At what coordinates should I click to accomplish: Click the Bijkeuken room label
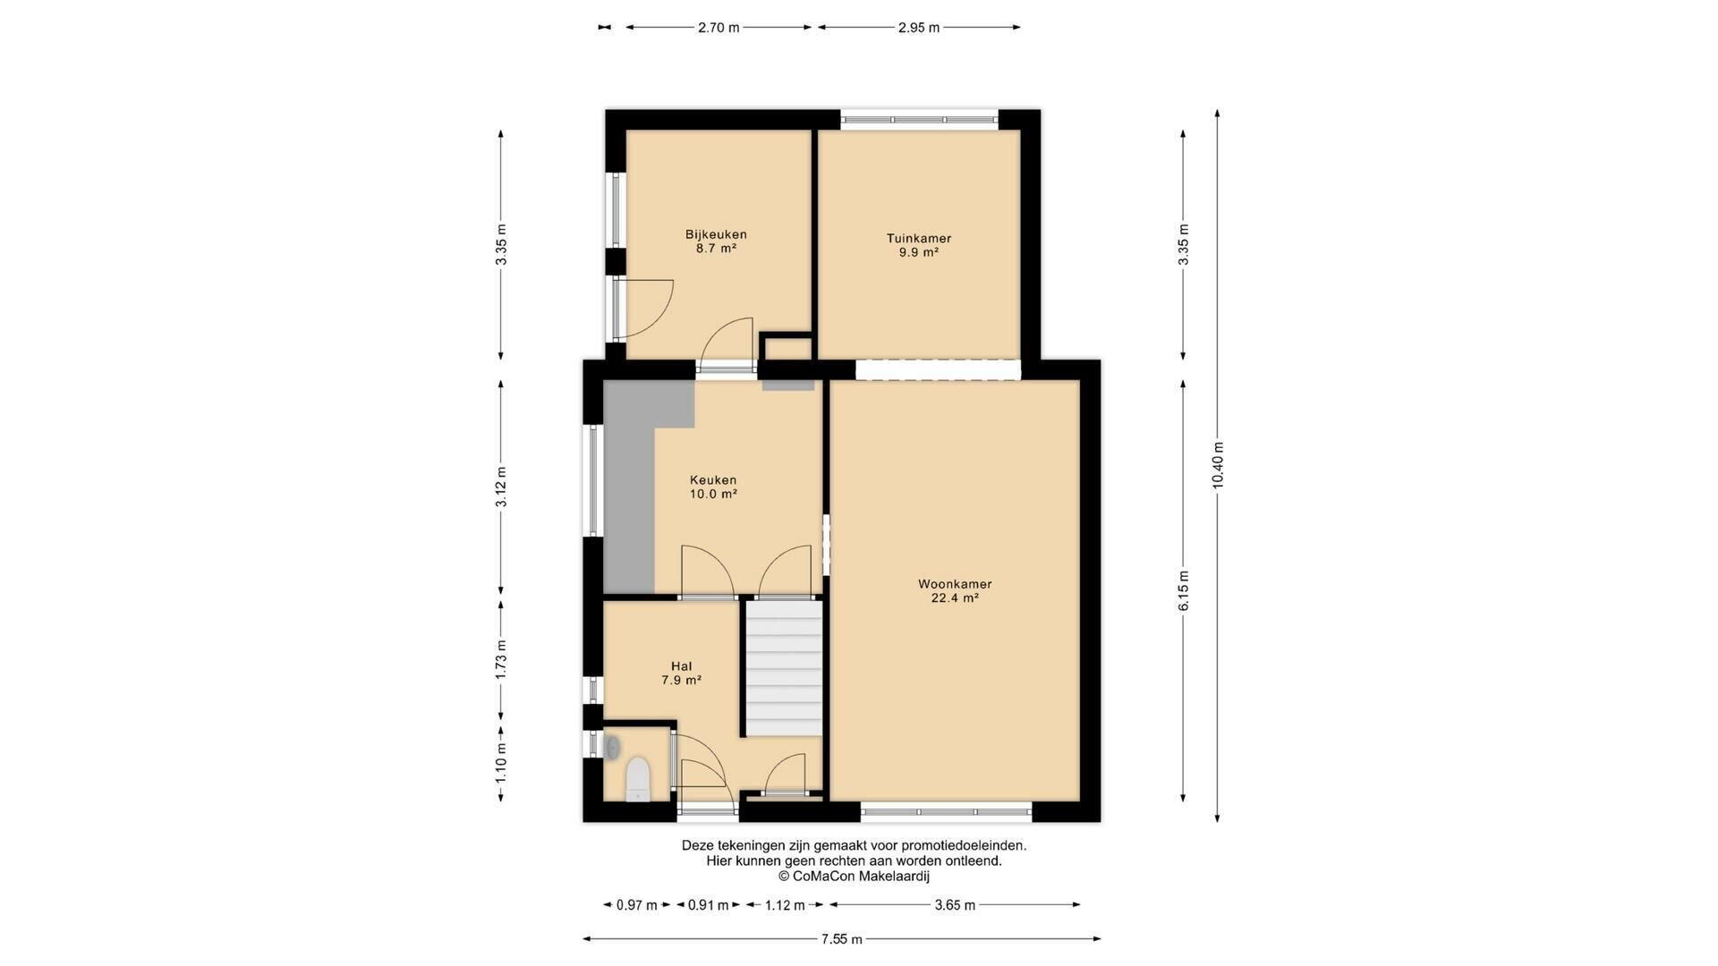coord(716,234)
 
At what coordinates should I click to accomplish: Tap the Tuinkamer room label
coord(919,239)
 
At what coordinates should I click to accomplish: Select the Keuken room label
coord(713,480)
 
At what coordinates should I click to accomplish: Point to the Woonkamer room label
coord(955,584)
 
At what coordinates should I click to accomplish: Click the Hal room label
coord(681,666)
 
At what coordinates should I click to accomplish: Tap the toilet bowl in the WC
coord(638,778)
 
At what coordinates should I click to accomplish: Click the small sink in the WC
coord(613,747)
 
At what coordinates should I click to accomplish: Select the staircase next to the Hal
coord(784,668)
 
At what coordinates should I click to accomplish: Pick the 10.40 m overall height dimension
coord(1218,465)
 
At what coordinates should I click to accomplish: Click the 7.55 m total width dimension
coord(842,939)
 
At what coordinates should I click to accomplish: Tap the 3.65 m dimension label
coord(955,905)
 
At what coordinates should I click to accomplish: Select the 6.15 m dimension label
coord(1184,591)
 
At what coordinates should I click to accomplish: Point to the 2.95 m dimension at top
coord(919,28)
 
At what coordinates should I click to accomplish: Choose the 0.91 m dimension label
coord(708,905)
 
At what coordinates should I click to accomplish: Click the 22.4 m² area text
coord(955,598)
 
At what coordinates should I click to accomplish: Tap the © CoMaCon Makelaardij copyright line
coord(854,877)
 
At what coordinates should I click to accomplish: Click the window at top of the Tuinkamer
coord(919,119)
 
